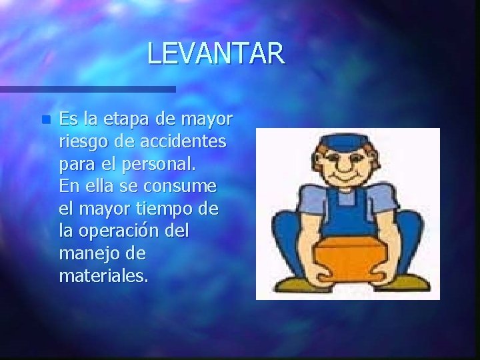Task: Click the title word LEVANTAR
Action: tap(216, 53)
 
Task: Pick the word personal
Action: tap(161, 164)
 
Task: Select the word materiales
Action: tap(103, 275)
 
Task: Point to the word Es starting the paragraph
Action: tap(67, 119)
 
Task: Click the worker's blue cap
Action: tap(348, 144)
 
